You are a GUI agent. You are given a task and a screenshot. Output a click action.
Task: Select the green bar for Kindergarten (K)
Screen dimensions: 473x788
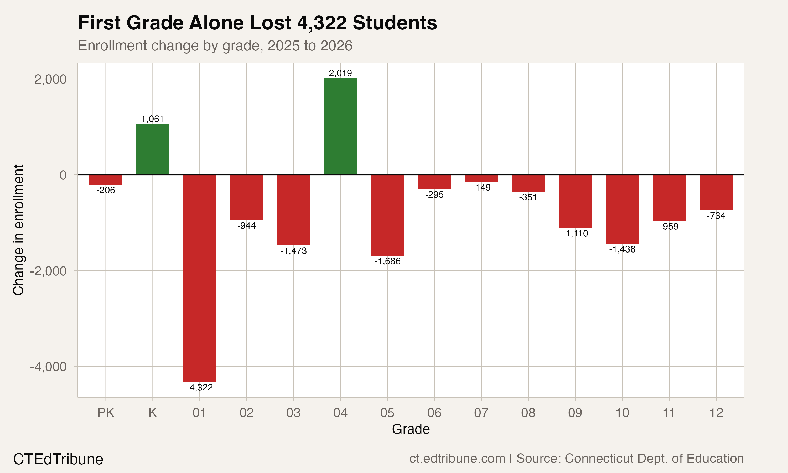pos(153,149)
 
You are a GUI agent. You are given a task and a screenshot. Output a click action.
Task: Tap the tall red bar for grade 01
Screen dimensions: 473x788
pos(199,278)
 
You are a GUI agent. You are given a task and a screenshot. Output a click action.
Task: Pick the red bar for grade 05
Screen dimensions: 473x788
pos(387,215)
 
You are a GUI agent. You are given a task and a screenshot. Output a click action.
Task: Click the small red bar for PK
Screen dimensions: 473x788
pos(105,180)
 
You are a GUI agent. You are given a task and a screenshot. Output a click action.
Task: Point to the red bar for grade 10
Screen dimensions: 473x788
pos(622,209)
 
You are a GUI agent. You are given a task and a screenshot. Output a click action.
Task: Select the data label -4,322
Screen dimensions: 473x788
pos(199,388)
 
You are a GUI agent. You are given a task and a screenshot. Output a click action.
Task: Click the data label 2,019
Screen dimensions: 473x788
pos(340,73)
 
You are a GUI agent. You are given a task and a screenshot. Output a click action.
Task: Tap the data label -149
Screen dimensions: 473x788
pos(481,187)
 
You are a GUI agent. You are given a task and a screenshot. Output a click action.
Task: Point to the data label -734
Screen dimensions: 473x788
pos(716,216)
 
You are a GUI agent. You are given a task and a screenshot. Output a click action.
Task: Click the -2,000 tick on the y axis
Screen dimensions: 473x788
pos(48,271)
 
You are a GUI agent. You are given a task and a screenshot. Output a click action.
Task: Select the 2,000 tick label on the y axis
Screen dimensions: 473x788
pos(50,79)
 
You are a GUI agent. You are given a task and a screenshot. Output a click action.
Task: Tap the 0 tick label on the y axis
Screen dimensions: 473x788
pos(63,175)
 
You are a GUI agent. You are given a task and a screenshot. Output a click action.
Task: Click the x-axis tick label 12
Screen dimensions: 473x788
pos(716,413)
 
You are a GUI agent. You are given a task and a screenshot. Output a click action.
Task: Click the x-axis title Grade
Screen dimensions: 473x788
pos(411,429)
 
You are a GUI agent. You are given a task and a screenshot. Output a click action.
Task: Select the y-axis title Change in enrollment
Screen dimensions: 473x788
pos(18,230)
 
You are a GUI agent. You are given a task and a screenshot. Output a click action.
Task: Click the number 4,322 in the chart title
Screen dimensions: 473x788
pos(322,23)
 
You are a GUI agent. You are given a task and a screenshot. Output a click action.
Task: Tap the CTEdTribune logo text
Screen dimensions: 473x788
pos(58,459)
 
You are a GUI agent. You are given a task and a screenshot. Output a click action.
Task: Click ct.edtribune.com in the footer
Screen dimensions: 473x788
pos(457,458)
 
